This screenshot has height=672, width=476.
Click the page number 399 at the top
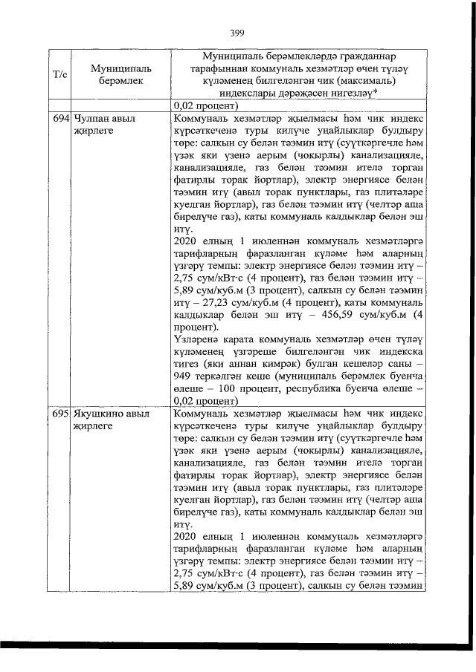pyautogui.click(x=237, y=32)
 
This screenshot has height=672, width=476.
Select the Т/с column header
pyautogui.click(x=59, y=74)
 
